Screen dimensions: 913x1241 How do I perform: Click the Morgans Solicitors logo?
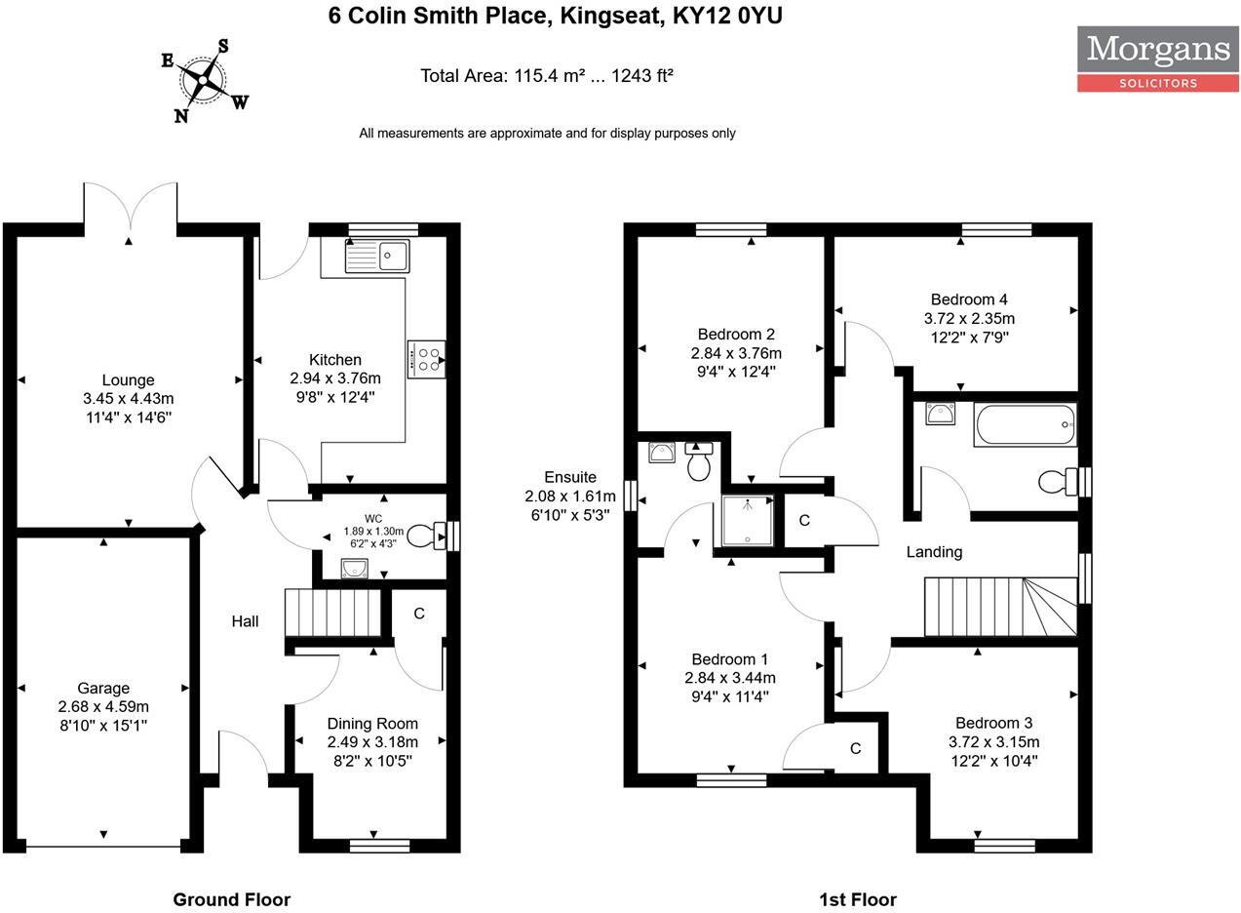pyautogui.click(x=1157, y=59)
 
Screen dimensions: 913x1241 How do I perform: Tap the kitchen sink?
pyautogui.click(x=377, y=256)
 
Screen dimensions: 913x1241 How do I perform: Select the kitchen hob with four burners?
pyautogui.click(x=426, y=359)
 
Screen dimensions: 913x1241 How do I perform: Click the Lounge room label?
pyautogui.click(x=128, y=380)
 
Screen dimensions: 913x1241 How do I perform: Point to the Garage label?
pyautogui.click(x=103, y=689)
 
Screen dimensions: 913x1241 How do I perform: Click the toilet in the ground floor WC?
pyautogui.click(x=422, y=536)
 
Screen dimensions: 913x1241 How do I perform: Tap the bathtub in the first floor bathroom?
pyautogui.click(x=1025, y=424)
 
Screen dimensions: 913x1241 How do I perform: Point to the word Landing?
pyautogui.click(x=934, y=552)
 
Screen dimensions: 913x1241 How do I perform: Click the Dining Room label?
pyautogui.click(x=371, y=724)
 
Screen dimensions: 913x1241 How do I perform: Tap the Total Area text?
pyautogui.click(x=547, y=75)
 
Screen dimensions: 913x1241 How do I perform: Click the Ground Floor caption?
pyautogui.click(x=231, y=899)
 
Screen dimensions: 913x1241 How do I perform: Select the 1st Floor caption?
pyautogui.click(x=857, y=899)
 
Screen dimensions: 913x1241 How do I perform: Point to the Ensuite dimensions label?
pyautogui.click(x=570, y=496)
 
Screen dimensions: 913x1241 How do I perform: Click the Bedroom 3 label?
pyautogui.click(x=993, y=723)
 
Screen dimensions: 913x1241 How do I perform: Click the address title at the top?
pyautogui.click(x=555, y=16)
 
